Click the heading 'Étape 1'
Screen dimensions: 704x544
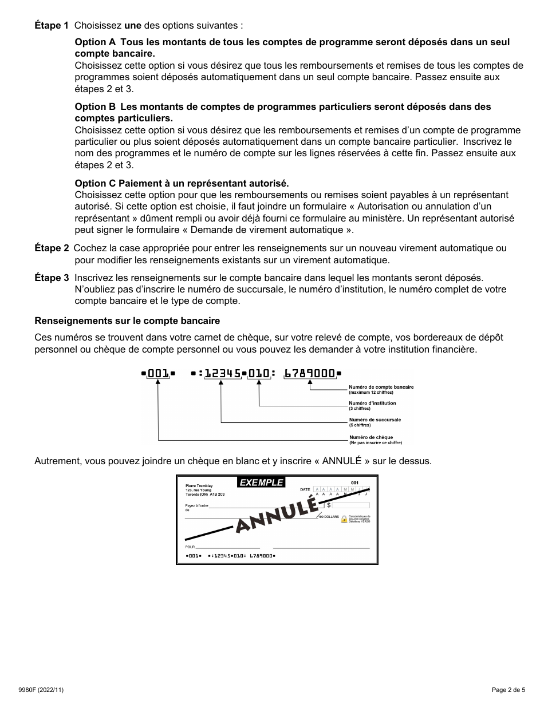coord(52,26)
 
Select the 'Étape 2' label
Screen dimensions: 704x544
coord(52,248)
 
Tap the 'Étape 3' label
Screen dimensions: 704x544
coord(52,278)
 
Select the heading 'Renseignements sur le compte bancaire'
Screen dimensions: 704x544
coord(127,321)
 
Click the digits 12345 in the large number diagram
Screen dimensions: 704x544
coord(222,374)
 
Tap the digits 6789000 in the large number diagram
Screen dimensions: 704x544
coord(310,374)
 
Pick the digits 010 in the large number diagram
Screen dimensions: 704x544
coord(259,374)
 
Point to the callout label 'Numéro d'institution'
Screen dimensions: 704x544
coord(372,403)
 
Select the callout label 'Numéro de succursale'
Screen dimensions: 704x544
coord(375,420)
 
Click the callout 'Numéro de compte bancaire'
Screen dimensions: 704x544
coord(381,387)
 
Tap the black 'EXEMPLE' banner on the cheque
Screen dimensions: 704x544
coord(261,482)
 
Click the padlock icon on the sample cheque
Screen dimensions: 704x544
coord(344,519)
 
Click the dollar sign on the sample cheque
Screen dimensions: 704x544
coord(329,506)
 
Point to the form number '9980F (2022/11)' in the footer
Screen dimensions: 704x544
coord(49,690)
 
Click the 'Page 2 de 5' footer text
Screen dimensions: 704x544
coord(508,690)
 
